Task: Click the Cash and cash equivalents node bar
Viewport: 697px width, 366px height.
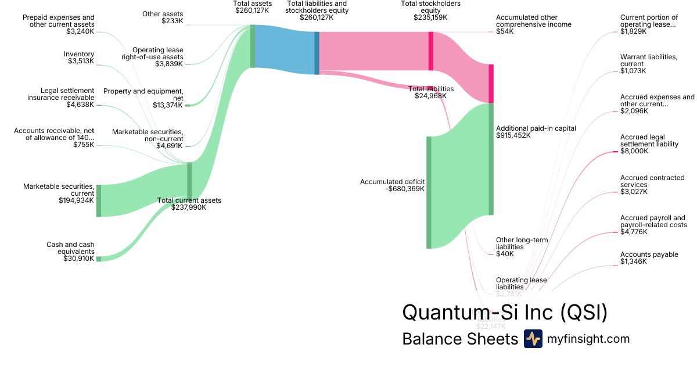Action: click(99, 259)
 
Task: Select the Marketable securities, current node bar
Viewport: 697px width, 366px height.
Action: click(99, 200)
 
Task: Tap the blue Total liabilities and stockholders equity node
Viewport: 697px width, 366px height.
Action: click(317, 53)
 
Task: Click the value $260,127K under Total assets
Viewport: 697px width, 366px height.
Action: click(253, 10)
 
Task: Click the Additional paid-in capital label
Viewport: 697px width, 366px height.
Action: click(536, 128)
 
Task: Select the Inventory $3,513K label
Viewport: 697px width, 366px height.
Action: click(79, 58)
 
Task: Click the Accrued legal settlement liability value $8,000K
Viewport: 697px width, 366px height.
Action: click(634, 151)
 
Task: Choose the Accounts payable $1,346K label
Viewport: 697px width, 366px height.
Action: click(649, 258)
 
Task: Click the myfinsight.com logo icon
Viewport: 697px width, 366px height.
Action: click(533, 339)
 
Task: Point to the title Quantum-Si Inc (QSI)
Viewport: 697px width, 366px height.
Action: click(505, 312)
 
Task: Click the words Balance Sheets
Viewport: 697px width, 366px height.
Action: click(459, 339)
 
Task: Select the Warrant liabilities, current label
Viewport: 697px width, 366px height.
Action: click(648, 60)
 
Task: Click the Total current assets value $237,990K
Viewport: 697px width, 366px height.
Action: click(189, 207)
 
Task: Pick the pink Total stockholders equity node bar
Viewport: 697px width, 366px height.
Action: click(431, 51)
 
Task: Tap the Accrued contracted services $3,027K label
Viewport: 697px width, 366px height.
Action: click(652, 185)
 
